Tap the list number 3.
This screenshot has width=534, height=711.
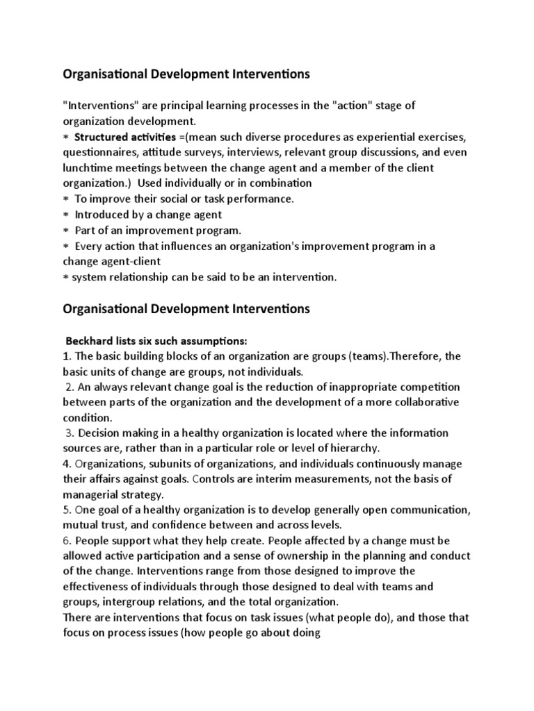coord(68,433)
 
